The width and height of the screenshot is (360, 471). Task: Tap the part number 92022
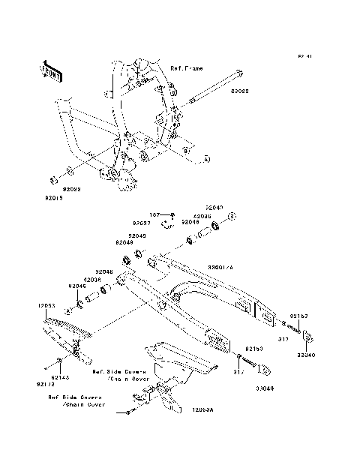coord(73,190)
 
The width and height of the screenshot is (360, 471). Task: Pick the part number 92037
coord(142,223)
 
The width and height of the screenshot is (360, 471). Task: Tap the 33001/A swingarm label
coord(220,267)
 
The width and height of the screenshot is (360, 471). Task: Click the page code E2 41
coord(303,56)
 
